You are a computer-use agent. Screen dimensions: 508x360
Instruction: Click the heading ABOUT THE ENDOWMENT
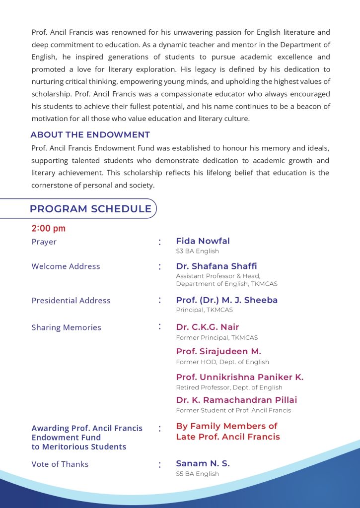point(90,135)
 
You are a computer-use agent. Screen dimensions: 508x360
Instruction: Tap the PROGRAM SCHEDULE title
point(90,209)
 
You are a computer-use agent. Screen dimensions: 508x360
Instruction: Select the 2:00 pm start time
point(49,229)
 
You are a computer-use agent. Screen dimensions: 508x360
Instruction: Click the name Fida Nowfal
point(203,241)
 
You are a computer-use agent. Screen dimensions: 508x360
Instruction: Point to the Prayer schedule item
point(44,242)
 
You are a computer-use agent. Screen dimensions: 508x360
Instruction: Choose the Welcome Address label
point(66,266)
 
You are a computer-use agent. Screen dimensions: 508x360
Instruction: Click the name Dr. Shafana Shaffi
point(216,266)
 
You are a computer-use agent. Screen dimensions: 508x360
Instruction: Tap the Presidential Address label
point(71,301)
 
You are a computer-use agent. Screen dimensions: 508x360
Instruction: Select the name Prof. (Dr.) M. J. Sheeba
point(227,300)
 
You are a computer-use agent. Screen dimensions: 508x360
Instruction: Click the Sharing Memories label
point(66,327)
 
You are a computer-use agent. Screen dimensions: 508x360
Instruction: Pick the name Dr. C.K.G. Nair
point(208,327)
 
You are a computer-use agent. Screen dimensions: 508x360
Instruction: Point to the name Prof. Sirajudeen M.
point(218,351)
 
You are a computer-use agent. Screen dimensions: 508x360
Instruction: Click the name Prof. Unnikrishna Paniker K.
point(240,377)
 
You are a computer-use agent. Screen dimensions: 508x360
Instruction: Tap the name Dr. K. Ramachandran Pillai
point(236,400)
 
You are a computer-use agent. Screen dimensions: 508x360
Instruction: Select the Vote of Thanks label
point(60,464)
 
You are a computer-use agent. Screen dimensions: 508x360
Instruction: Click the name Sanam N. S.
point(203,463)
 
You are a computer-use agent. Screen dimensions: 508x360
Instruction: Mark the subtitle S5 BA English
point(197,474)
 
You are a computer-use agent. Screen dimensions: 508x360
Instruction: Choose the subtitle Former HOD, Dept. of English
point(222,362)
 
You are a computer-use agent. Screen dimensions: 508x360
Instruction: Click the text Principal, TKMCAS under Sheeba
point(204,310)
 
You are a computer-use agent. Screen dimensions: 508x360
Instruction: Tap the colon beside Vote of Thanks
point(160,465)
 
